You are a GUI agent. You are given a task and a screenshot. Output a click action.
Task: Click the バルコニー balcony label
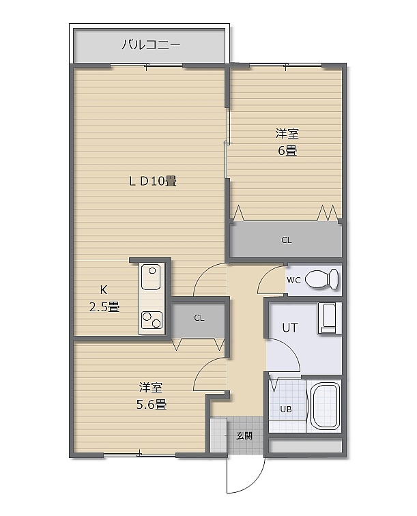pyautogui.click(x=151, y=44)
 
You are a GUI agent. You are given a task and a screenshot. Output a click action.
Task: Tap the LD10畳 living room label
pyautogui.click(x=152, y=181)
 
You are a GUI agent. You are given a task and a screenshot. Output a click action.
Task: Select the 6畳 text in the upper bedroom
pyautogui.click(x=287, y=150)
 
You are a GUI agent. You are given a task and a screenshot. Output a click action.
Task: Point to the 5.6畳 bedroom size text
pyautogui.click(x=151, y=404)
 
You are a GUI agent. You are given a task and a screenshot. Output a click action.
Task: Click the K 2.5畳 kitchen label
pyautogui.click(x=104, y=298)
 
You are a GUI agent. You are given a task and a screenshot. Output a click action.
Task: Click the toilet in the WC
pyautogui.click(x=322, y=279)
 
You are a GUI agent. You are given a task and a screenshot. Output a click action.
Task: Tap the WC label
pyautogui.click(x=293, y=281)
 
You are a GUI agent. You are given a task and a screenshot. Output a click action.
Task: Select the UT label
pyautogui.click(x=290, y=328)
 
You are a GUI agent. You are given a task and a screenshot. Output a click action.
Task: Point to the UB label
pyautogui.click(x=286, y=410)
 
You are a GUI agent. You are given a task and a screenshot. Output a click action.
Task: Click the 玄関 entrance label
pyautogui.click(x=244, y=435)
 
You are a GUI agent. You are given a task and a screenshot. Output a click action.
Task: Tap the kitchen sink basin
pyautogui.click(x=151, y=276)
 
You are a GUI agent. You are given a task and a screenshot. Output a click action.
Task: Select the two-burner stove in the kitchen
pyautogui.click(x=152, y=320)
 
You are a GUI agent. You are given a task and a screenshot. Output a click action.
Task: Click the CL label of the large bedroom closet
pyautogui.click(x=287, y=240)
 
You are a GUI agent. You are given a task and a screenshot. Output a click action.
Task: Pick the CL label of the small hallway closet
pyautogui.click(x=199, y=318)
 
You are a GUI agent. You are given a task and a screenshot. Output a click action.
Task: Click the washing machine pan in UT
pyautogui.click(x=329, y=319)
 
